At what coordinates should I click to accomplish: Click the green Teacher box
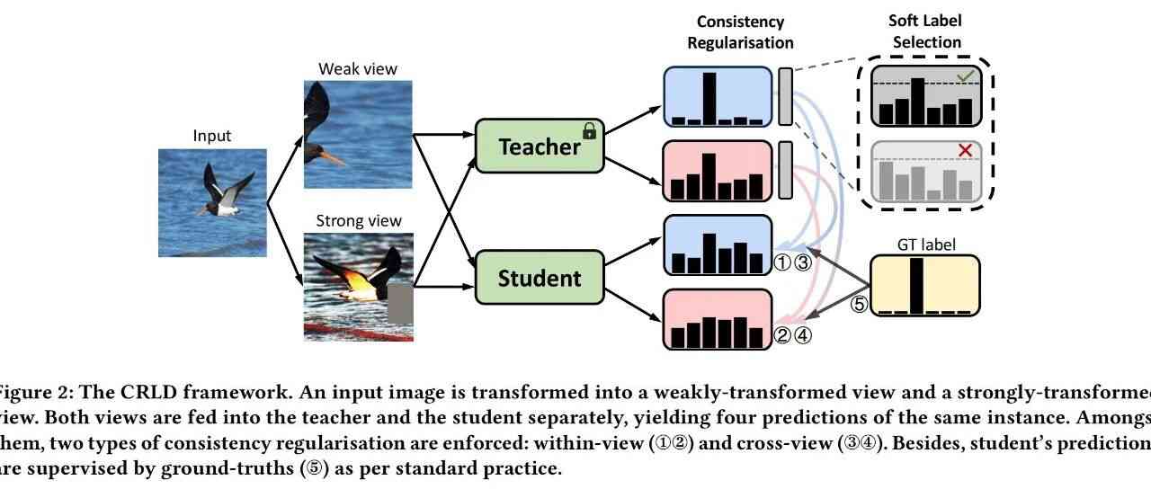[539, 146]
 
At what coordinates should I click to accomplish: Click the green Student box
[539, 278]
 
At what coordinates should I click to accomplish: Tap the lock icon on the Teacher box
[590, 132]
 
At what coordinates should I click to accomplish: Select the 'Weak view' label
[357, 69]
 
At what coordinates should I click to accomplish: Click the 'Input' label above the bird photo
[212, 136]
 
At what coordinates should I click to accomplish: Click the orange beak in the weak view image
[334, 159]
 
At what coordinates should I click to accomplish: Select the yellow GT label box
[924, 286]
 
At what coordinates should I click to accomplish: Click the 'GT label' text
[926, 244]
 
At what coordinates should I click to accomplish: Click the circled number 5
[860, 304]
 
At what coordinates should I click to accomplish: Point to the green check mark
[966, 77]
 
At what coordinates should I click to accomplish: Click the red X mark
[966, 150]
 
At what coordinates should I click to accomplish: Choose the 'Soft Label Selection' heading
[924, 31]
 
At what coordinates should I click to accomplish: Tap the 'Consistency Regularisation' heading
[740, 31]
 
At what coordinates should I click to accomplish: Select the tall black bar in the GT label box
[917, 286]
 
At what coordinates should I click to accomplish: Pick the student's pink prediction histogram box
[718, 319]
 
